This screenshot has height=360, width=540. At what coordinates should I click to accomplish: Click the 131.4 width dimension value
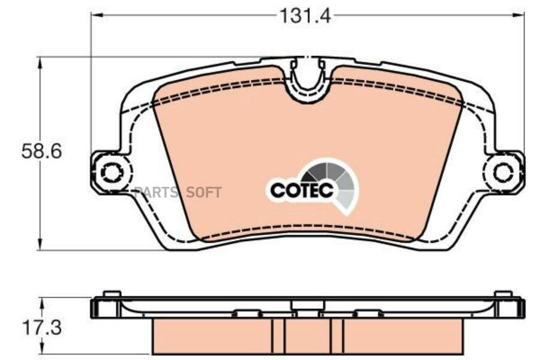pos(305,16)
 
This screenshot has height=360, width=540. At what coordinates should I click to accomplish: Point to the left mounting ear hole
pos(110,172)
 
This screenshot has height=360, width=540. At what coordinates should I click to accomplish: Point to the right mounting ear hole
pos(503,172)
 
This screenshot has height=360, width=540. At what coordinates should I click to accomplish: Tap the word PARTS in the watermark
pos(155,192)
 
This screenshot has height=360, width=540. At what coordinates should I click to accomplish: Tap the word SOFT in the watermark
pos(203,192)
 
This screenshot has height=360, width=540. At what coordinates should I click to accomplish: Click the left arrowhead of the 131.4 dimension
pos(97,14)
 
